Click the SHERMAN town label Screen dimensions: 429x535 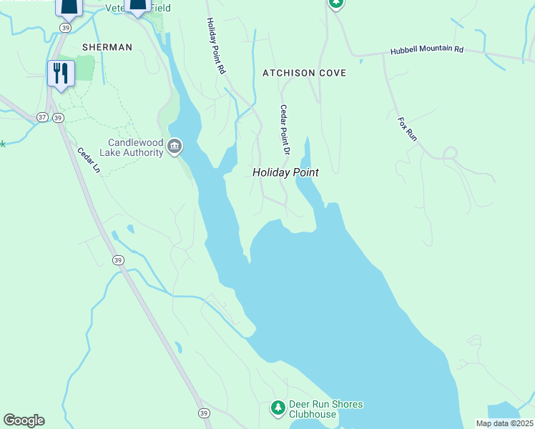click(x=107, y=47)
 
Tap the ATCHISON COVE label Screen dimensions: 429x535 click(x=304, y=73)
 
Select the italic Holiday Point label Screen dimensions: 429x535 click(x=285, y=172)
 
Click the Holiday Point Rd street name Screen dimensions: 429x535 click(x=217, y=46)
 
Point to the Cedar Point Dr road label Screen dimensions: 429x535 click(x=284, y=130)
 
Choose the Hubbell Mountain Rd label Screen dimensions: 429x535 click(x=427, y=51)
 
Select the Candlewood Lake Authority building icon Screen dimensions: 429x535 click(x=174, y=148)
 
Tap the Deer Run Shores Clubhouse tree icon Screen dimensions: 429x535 click(x=278, y=408)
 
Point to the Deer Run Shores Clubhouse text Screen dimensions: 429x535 click(x=325, y=409)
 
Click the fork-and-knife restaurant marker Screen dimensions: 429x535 click(x=61, y=73)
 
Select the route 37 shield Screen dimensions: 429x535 click(x=42, y=117)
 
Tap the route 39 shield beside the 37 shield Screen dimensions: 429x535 click(x=59, y=117)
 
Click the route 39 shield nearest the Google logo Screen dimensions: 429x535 click(x=204, y=413)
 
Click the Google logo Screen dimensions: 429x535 click(x=24, y=420)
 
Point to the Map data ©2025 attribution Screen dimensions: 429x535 click(x=504, y=423)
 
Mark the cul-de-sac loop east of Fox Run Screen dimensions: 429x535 click(x=450, y=152)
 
